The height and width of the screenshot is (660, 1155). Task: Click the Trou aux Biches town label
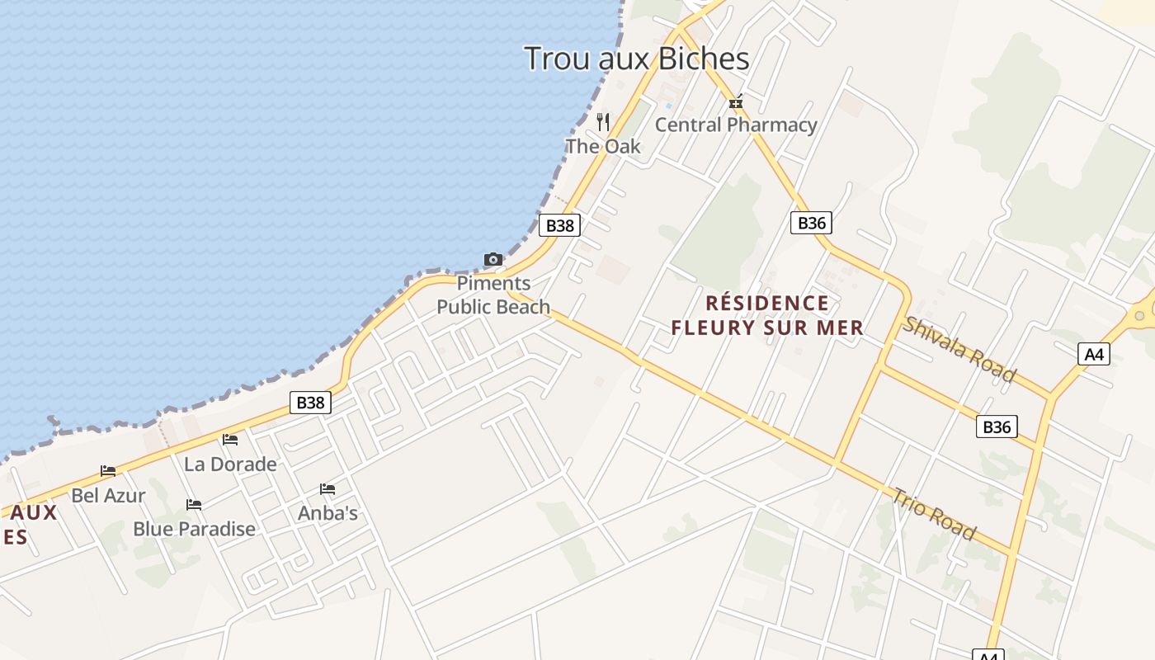pos(636,59)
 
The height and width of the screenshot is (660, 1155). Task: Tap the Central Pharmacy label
pos(735,125)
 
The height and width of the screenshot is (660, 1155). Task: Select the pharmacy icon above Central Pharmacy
pos(736,102)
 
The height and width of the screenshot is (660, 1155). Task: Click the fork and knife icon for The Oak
pos(603,122)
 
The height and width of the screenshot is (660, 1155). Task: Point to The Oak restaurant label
pos(602,146)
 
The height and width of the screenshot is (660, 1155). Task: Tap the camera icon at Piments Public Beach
pos(493,260)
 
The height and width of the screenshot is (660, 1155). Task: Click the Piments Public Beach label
pos(493,295)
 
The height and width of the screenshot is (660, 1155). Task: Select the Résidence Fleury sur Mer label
pos(766,315)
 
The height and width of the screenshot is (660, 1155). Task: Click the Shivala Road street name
pos(959,349)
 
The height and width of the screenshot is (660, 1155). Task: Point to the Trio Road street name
pos(934,513)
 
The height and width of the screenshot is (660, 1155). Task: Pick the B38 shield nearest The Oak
pos(559,225)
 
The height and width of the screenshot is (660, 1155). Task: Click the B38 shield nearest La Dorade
pos(310,403)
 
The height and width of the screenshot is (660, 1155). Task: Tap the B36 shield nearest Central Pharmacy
pos(811,223)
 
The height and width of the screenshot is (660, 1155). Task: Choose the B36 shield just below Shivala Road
pos(997,427)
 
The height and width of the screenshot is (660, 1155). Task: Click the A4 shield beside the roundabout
pos(1093,355)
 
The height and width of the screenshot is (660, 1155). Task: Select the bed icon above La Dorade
pos(229,440)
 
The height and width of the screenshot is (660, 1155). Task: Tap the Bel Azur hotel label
pos(108,496)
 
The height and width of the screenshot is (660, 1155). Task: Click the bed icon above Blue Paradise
pos(194,504)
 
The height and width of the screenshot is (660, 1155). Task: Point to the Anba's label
pos(328,513)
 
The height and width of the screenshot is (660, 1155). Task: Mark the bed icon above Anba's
pos(328,489)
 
